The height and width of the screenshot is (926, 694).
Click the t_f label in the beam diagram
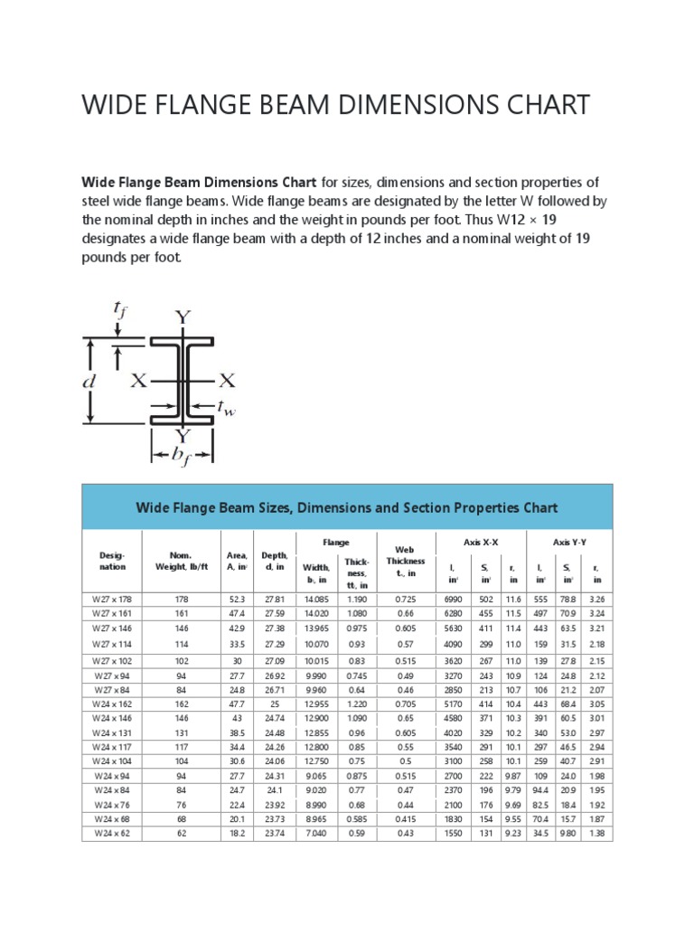(x=119, y=312)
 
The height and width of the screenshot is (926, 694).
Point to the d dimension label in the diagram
(x=89, y=382)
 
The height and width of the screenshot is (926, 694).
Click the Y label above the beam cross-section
(x=183, y=317)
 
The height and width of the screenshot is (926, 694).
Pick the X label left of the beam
(x=138, y=381)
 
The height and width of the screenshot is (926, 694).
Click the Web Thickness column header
(x=405, y=561)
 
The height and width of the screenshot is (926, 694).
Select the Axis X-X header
(x=481, y=542)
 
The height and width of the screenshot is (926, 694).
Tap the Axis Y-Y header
(x=569, y=542)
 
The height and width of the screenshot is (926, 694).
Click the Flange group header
(x=336, y=542)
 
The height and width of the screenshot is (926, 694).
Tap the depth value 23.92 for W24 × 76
(x=274, y=805)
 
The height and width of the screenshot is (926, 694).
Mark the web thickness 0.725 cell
(x=404, y=599)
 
